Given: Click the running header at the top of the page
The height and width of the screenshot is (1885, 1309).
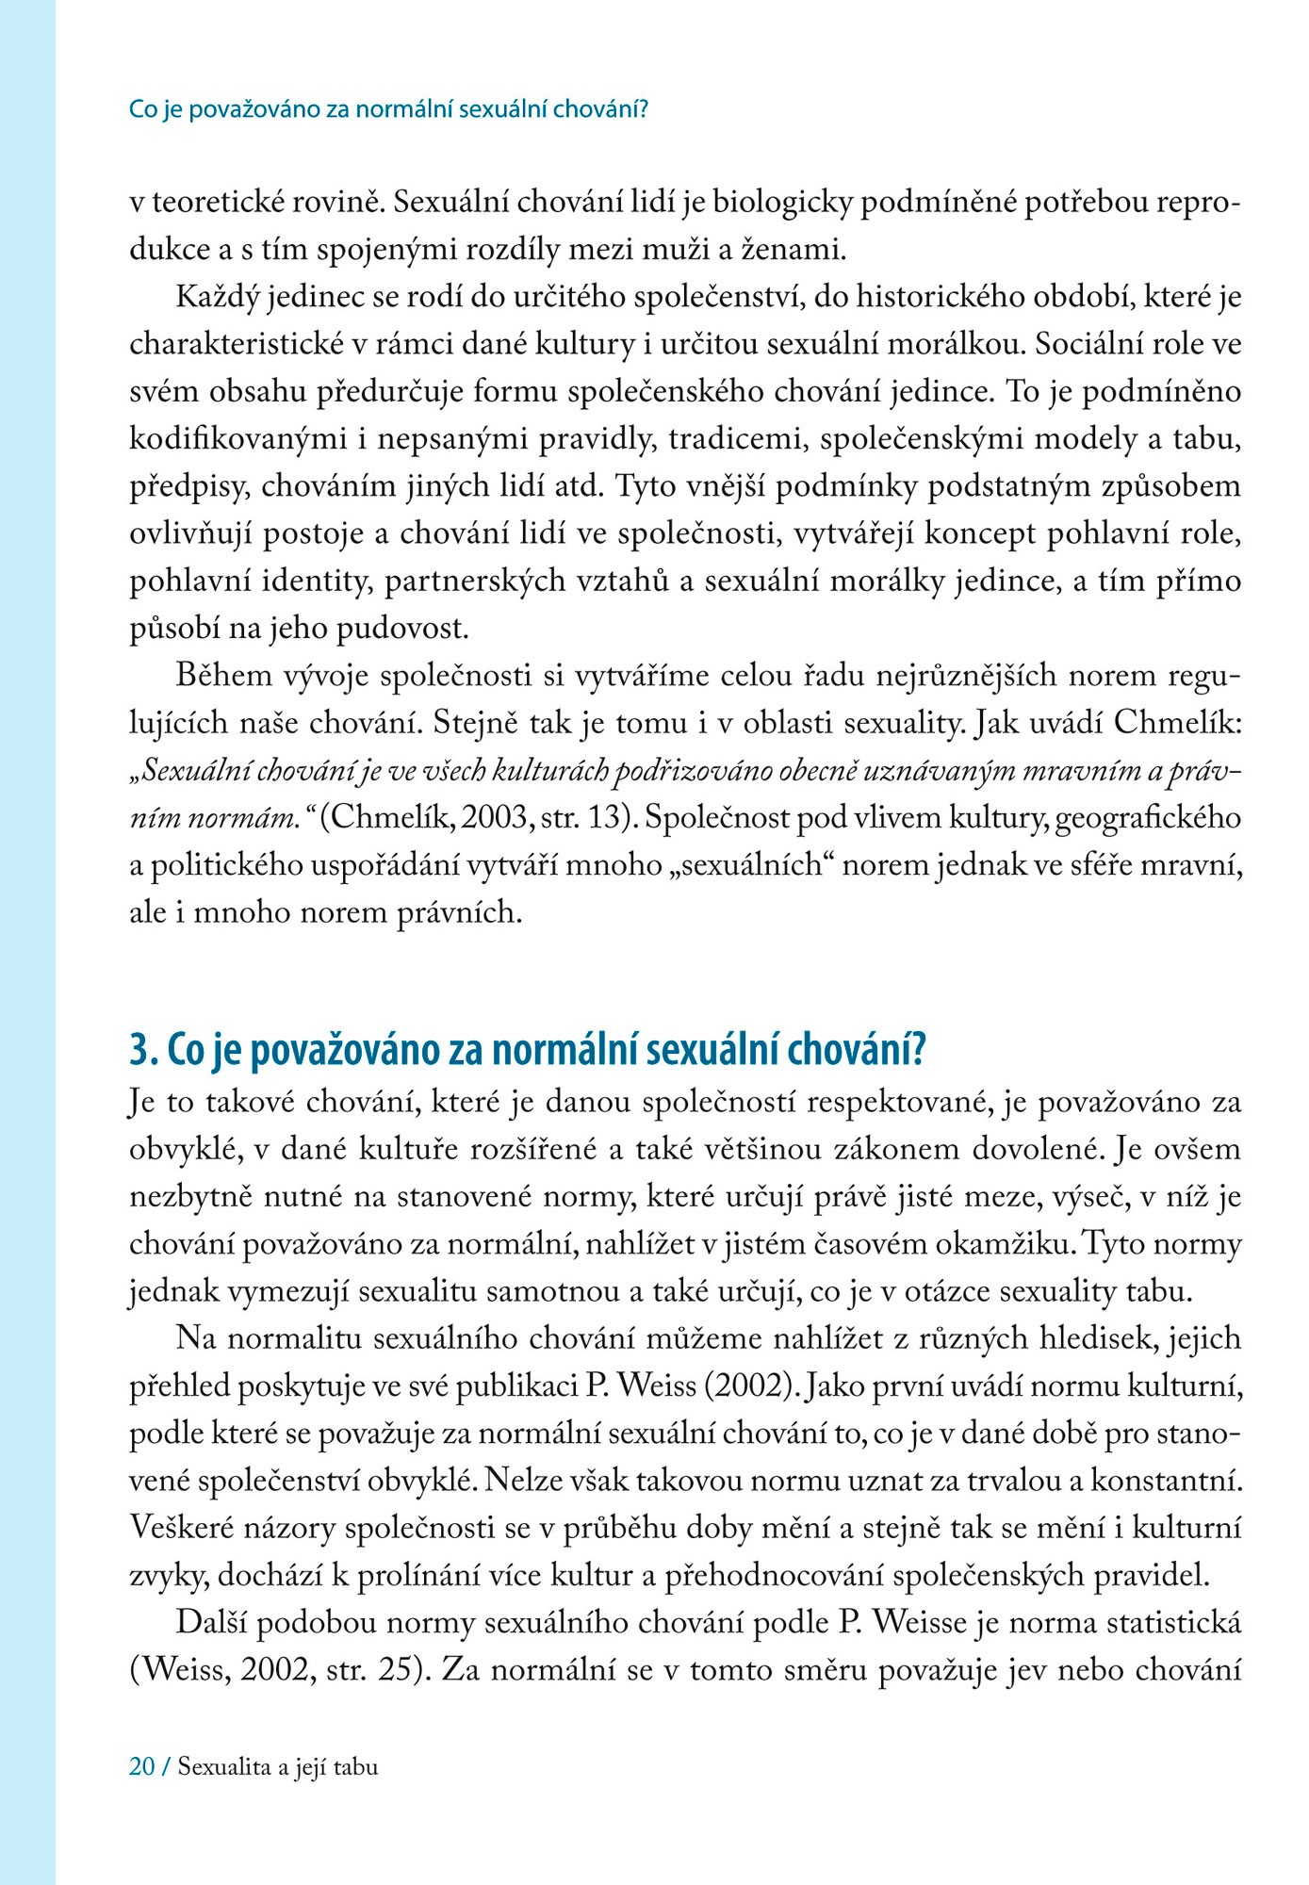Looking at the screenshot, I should [388, 109].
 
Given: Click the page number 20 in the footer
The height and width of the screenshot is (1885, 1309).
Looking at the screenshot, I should [142, 1766].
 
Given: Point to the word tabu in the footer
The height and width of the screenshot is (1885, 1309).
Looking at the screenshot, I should [355, 1766].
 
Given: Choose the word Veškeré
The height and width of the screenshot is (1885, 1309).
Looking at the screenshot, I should [181, 1528].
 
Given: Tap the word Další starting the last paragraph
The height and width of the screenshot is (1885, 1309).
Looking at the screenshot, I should [212, 1623].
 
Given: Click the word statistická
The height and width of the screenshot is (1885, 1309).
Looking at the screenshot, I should [1173, 1623].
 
